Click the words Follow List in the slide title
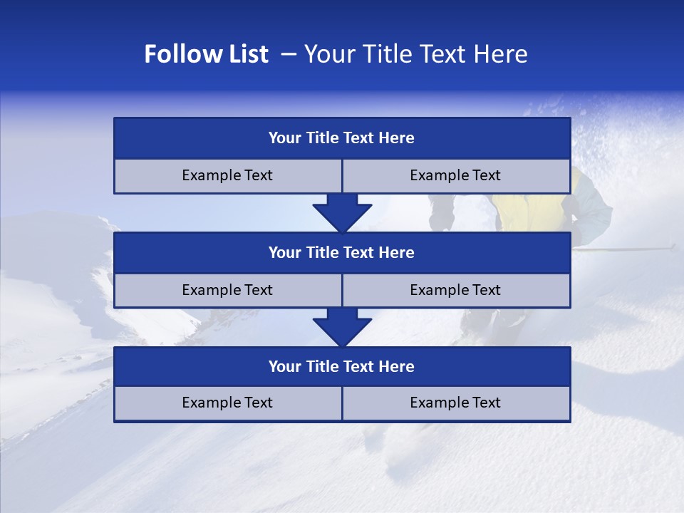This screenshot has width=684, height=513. [206, 54]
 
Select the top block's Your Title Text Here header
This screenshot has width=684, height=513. [341, 138]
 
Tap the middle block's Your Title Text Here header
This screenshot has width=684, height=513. [341, 252]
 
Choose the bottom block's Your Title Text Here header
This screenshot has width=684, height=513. [341, 366]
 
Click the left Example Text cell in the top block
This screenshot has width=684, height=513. [227, 175]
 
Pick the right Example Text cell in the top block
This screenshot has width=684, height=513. [455, 175]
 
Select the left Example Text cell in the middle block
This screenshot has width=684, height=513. [227, 290]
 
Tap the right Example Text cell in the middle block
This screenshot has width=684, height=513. [455, 290]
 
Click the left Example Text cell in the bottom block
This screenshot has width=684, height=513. [227, 403]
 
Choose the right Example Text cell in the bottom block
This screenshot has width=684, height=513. [455, 403]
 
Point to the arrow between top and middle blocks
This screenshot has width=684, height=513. [342, 213]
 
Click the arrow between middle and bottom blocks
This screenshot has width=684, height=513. [342, 327]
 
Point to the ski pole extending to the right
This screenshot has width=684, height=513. [627, 249]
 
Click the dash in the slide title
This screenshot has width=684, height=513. [289, 54]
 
